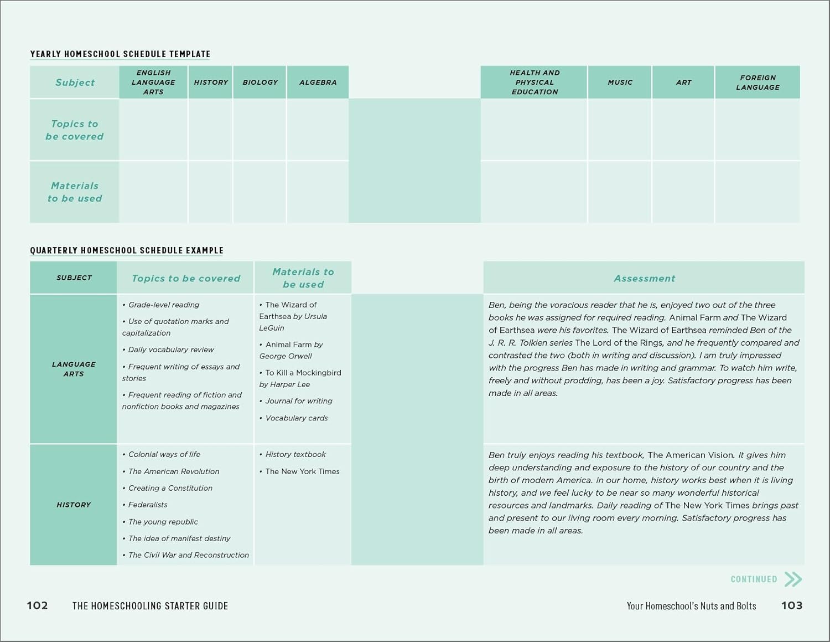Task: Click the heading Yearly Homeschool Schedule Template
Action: (x=120, y=54)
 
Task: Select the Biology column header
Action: (x=260, y=82)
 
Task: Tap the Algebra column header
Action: (x=318, y=82)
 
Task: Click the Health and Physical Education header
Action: (x=534, y=82)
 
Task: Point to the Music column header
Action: (x=620, y=82)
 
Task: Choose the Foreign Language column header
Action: (x=758, y=82)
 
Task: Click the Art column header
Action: (x=683, y=82)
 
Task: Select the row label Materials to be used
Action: (x=75, y=192)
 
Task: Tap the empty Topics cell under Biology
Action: (x=260, y=130)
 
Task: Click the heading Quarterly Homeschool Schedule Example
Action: (x=127, y=250)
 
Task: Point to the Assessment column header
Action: (x=644, y=278)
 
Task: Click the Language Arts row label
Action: (x=74, y=369)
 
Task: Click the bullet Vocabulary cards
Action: (x=296, y=418)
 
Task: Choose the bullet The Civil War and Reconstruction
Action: (x=188, y=555)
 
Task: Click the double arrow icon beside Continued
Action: (x=793, y=579)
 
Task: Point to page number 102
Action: (x=37, y=605)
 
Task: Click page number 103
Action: (x=791, y=605)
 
